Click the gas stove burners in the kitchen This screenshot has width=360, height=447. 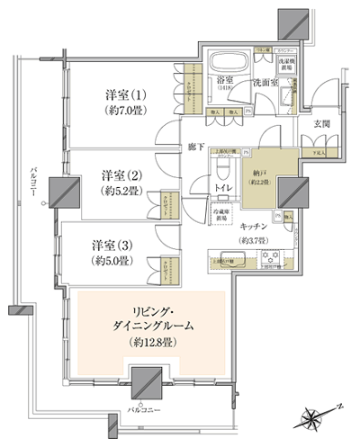pyautogui.click(x=270, y=259)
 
